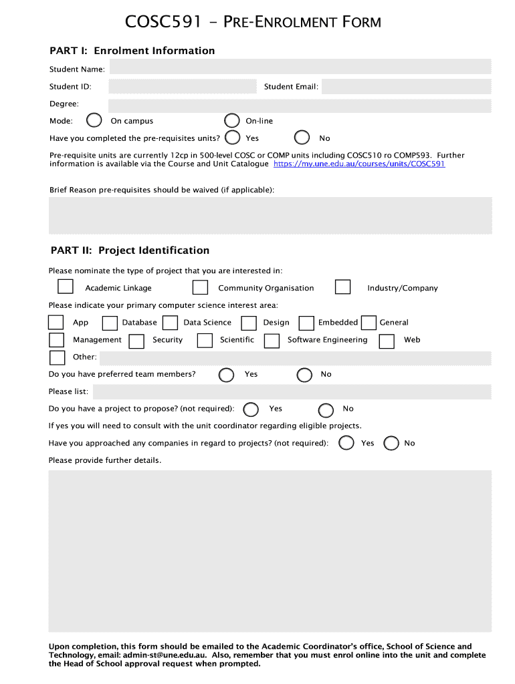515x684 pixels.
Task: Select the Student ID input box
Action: [x=182, y=87]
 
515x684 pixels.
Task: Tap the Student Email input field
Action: [x=407, y=87]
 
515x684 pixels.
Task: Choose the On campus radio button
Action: [x=95, y=120]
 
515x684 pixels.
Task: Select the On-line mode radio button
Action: [x=232, y=120]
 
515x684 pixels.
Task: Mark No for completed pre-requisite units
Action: [x=302, y=138]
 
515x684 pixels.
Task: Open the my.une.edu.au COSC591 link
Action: [x=359, y=164]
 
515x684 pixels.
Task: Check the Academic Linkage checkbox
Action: [x=66, y=287]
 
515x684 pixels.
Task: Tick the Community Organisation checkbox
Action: [x=200, y=287]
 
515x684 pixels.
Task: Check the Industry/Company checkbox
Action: [x=343, y=287]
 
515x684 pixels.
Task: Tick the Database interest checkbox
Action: [x=110, y=323]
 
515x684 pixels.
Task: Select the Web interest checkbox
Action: [x=387, y=341]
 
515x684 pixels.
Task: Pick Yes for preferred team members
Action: [x=227, y=375]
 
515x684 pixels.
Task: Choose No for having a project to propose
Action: [x=326, y=409]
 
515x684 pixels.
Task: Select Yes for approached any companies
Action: [x=346, y=443]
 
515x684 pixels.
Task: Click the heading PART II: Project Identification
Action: [x=130, y=250]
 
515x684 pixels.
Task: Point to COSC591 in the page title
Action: [x=163, y=23]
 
